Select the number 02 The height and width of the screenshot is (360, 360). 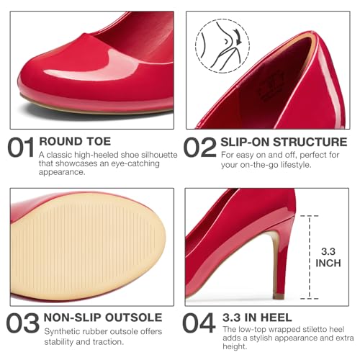click(199, 148)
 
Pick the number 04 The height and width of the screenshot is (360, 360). click(199, 323)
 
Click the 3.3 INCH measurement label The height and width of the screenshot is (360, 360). click(328, 256)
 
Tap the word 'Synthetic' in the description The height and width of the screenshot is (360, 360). click(63, 330)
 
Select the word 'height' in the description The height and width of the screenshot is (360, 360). click(234, 351)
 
